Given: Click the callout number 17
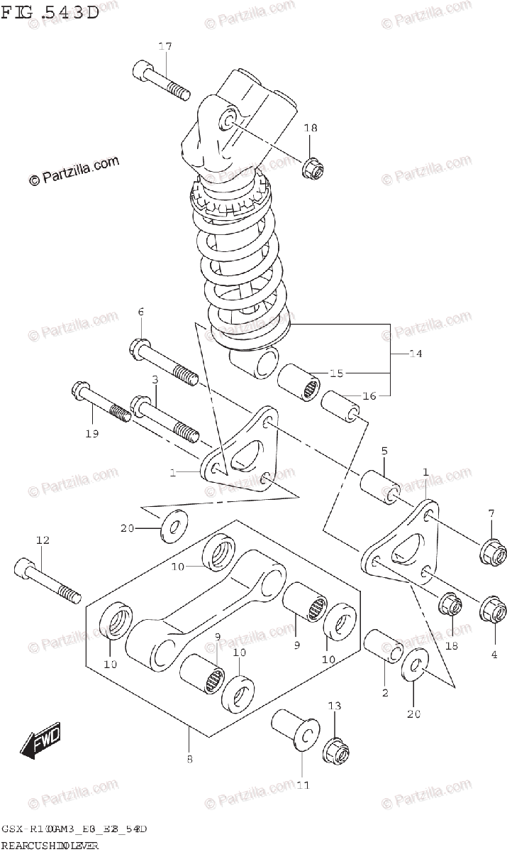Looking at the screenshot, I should point(165,47).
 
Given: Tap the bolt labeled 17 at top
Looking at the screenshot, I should point(161,82).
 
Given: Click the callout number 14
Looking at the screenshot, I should point(416,353).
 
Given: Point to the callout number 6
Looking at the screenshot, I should point(140,312).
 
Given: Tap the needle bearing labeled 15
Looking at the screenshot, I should point(299,381).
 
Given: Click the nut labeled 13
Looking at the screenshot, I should point(335,750).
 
